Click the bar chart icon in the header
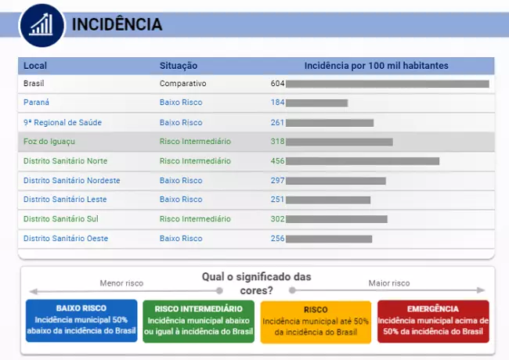pos(41,24)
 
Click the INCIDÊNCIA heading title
pos(117,25)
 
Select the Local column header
pos(35,66)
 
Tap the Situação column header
pos(179,66)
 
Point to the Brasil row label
pos(34,83)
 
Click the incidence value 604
pos(277,83)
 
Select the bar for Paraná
pos(316,103)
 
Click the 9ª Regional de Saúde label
pos(63,122)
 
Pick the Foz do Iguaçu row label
pos(49,142)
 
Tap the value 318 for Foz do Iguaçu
pos(277,142)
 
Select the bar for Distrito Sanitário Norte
pos(363,161)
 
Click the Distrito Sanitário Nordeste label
pos(72,180)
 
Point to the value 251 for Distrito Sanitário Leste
pos(277,200)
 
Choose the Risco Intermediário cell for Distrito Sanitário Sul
pos(195,219)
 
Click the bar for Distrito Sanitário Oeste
pos(329,239)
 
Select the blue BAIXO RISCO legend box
pos(81,321)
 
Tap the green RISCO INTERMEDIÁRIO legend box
pos(199,321)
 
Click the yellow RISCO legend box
pos(316,321)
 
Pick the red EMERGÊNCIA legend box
pos(433,321)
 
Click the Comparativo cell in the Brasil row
pos(182,83)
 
